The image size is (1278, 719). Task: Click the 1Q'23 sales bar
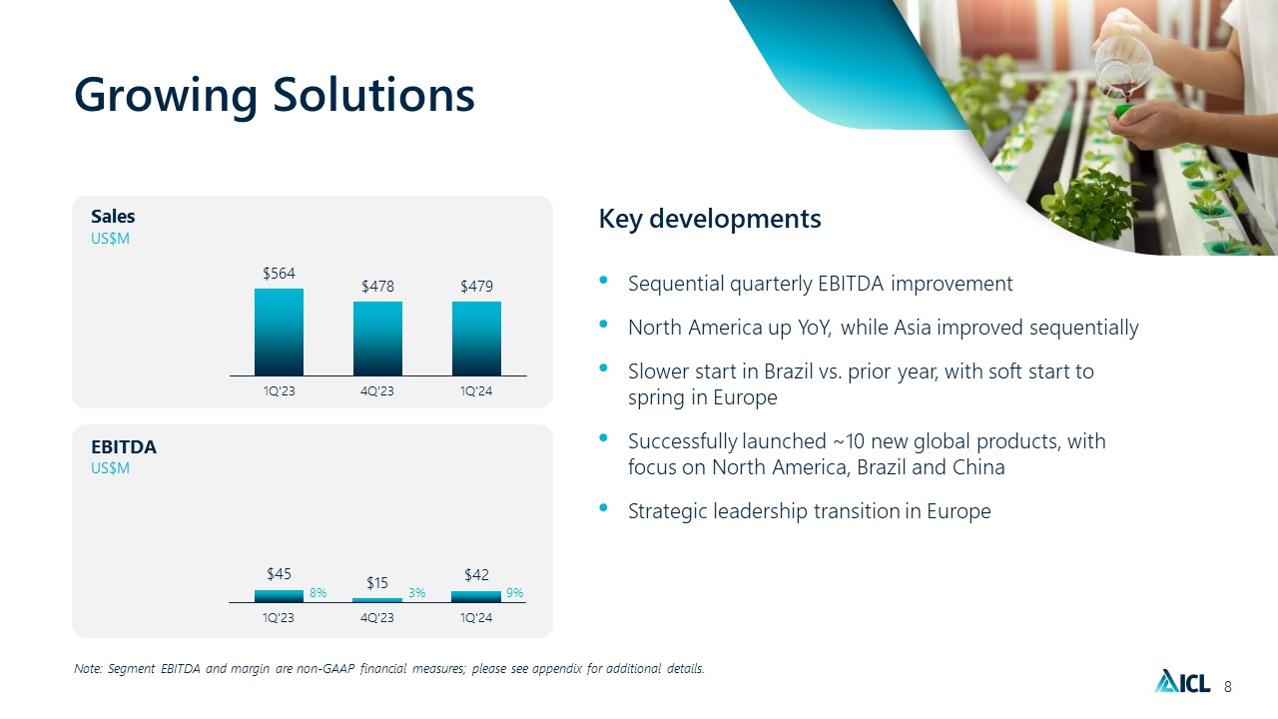[279, 333]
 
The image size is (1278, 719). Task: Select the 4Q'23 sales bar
[377, 339]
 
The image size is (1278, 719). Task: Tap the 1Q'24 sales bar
[476, 339]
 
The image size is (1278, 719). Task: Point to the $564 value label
[279, 274]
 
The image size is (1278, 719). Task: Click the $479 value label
[476, 286]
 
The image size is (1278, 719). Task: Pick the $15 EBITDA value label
[377, 582]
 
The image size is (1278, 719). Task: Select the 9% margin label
[514, 593]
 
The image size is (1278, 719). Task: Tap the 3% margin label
[416, 593]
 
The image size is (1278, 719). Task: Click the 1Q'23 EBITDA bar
[279, 596]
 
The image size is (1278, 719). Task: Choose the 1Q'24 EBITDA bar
[476, 597]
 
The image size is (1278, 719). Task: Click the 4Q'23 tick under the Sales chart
[377, 391]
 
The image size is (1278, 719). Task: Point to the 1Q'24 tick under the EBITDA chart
[476, 618]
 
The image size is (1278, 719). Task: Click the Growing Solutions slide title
[275, 96]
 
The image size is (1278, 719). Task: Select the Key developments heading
[710, 219]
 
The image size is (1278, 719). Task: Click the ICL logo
[1182, 681]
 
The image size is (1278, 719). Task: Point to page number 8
[1228, 686]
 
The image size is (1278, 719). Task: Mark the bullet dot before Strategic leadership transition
[604, 507]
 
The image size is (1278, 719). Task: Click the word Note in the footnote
[88, 668]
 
